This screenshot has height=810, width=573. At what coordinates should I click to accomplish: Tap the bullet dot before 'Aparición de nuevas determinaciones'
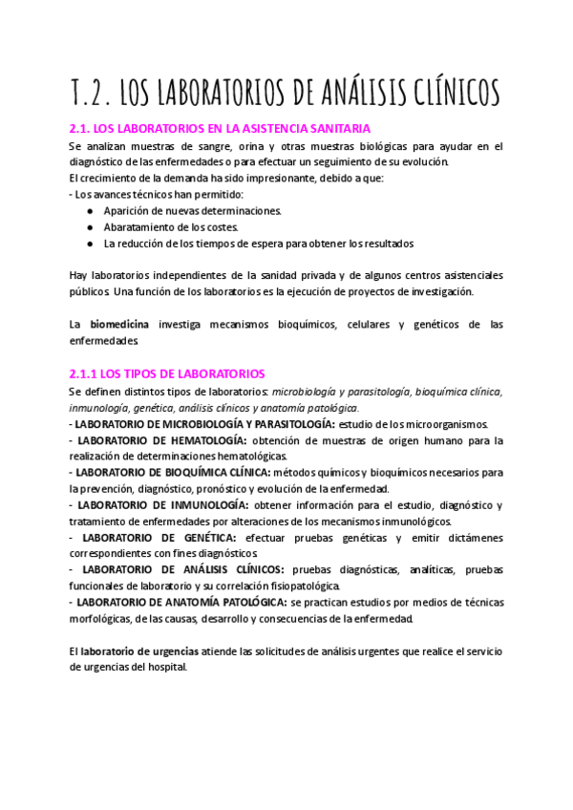(x=90, y=210)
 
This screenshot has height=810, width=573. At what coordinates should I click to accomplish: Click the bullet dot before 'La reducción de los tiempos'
(x=90, y=243)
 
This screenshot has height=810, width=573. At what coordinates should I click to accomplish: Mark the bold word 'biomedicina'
(x=119, y=325)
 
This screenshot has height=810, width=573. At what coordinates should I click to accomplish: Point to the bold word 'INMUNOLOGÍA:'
(x=203, y=504)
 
